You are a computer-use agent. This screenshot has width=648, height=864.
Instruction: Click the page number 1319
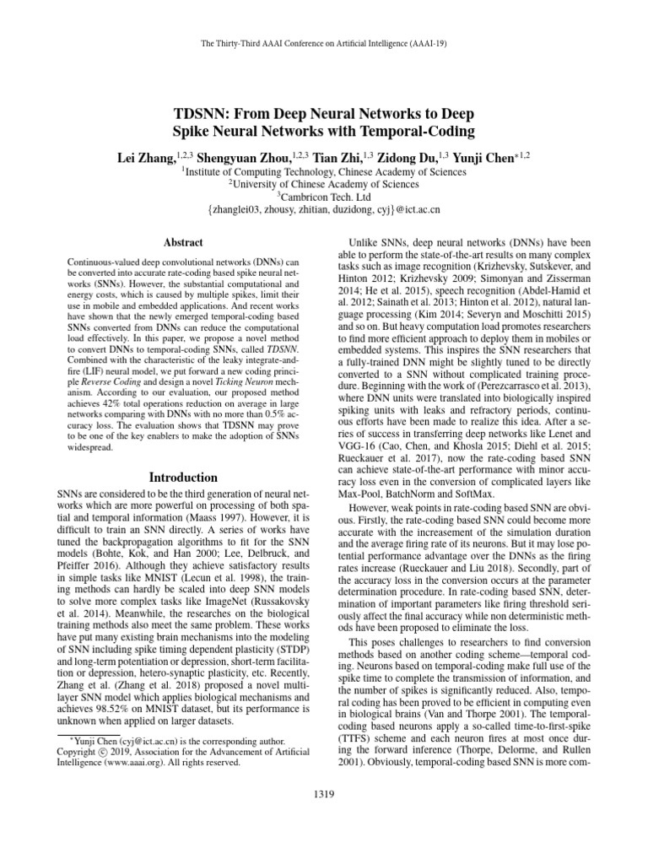(324, 794)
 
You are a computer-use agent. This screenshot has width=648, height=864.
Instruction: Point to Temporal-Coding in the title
(407, 132)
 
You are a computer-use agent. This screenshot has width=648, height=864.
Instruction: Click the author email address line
(324, 208)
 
